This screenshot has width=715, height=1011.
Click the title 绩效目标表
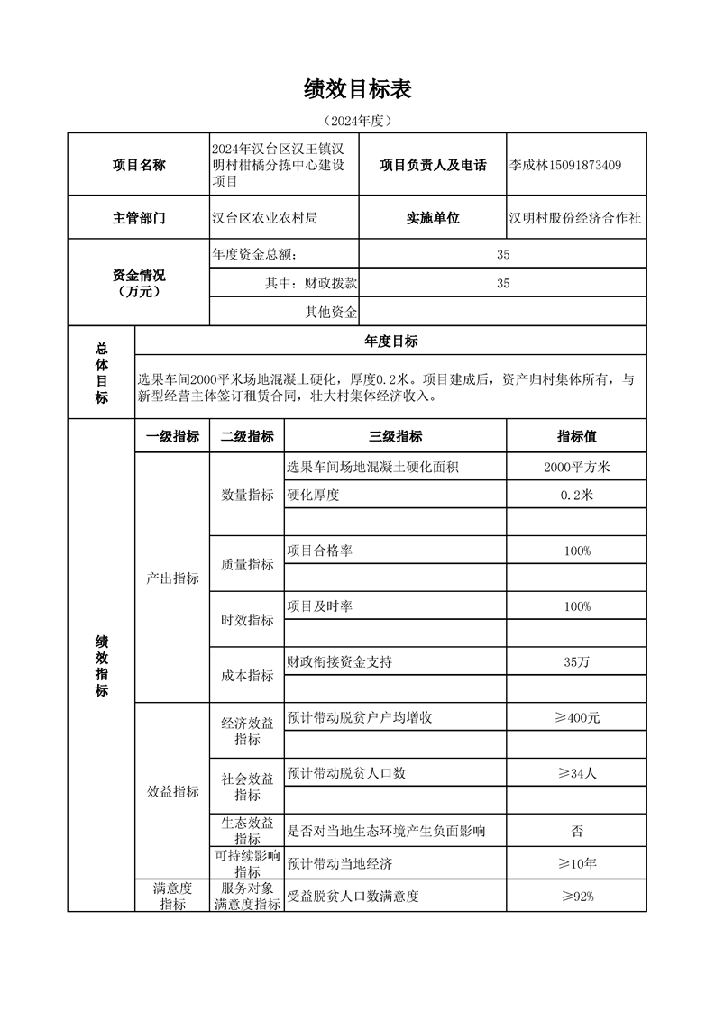[358, 88]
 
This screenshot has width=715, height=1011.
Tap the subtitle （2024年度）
[358, 120]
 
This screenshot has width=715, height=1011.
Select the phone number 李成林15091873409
[565, 165]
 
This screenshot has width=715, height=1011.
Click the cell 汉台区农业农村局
[264, 218]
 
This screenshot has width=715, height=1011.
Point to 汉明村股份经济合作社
[575, 218]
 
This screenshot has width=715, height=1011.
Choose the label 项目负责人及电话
[433, 165]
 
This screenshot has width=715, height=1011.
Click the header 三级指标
[395, 436]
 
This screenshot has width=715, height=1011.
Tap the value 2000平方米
[577, 467]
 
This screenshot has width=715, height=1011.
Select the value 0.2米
[577, 495]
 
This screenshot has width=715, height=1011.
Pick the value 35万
[577, 662]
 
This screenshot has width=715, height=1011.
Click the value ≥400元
[577, 718]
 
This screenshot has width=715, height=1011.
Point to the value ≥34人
[577, 773]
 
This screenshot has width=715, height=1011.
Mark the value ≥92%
[577, 897]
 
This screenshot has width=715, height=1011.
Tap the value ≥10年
[577, 864]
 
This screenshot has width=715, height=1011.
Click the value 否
[577, 830]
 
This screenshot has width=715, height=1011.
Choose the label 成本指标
[247, 676]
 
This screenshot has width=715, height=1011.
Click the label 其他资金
[331, 313]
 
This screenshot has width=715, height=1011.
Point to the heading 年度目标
[390, 341]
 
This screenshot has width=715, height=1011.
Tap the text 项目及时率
[319, 606]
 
